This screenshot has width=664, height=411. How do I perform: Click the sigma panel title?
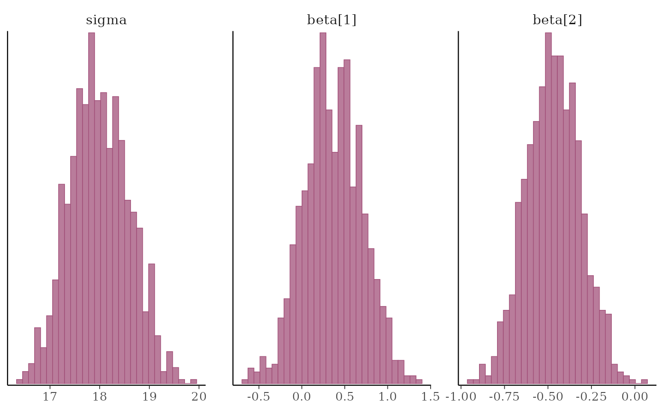click(106, 20)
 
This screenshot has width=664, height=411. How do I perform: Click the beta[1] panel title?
click(332, 20)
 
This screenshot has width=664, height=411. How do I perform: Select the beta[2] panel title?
click(557, 20)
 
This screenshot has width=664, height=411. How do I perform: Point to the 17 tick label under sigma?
click(50, 397)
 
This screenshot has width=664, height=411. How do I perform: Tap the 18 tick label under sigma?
click(100, 397)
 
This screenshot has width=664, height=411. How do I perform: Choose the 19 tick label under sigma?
click(149, 397)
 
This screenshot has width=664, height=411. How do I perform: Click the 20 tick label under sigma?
click(199, 397)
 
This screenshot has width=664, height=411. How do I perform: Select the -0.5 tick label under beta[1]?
click(258, 397)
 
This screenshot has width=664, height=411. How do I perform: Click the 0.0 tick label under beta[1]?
click(302, 397)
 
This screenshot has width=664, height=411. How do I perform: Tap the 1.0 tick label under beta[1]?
click(388, 397)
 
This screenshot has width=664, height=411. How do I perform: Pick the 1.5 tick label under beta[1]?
click(431, 397)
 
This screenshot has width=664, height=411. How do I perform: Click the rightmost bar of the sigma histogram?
click(194, 381)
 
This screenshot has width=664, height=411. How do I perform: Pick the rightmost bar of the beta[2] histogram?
click(644, 382)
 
